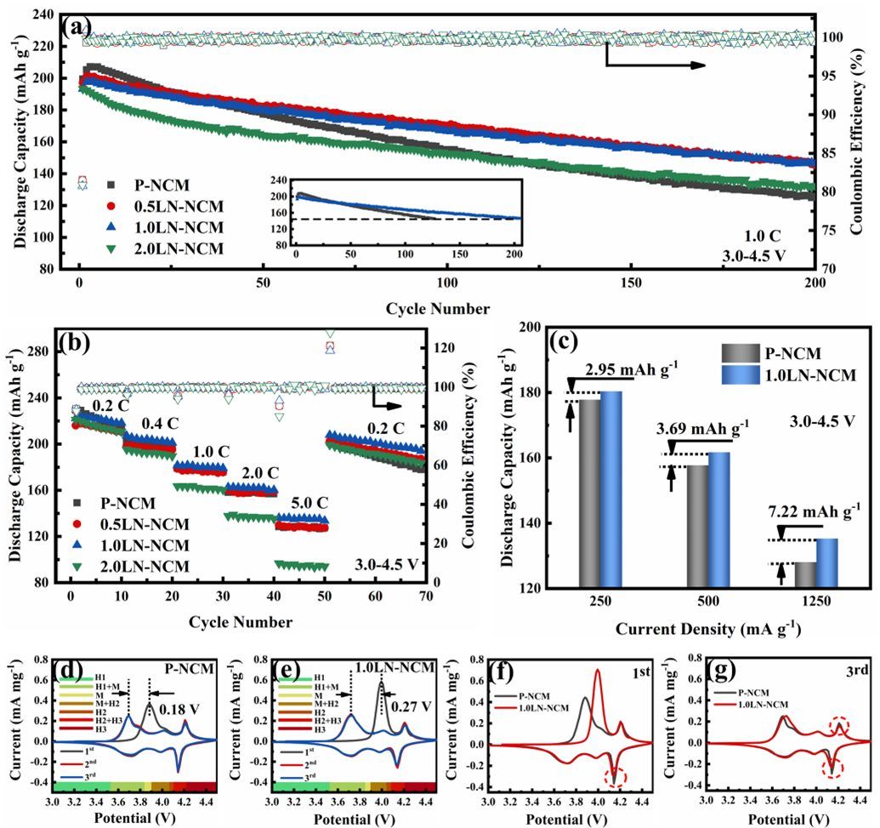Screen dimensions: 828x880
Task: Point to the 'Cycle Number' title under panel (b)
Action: tap(241, 622)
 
